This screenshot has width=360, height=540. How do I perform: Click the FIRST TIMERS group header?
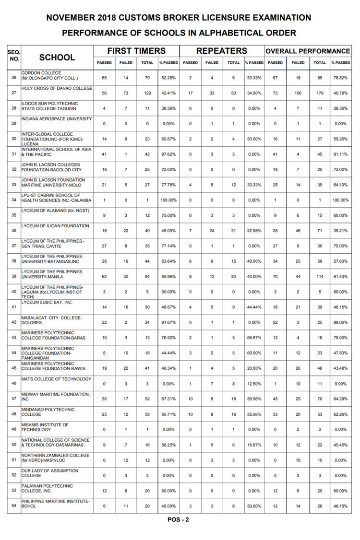[x=136, y=51]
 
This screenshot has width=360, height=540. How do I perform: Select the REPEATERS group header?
[x=222, y=51]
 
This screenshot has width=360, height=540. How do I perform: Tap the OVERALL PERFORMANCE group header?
[x=308, y=51]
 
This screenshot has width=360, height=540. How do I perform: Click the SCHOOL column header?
[x=57, y=58]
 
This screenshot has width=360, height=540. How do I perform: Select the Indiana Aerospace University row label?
[x=56, y=119]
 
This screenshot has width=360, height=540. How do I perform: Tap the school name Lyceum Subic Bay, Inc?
[x=47, y=303]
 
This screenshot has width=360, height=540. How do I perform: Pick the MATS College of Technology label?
[x=56, y=379]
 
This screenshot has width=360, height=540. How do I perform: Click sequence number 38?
[x=13, y=261]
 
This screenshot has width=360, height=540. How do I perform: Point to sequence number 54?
[x=13, y=506]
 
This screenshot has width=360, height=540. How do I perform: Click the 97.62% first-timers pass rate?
[x=168, y=154]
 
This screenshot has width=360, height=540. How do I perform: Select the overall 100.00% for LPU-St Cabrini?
[x=340, y=200]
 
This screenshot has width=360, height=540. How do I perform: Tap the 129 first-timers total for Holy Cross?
[x=147, y=93]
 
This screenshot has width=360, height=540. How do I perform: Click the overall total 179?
[x=320, y=93]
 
